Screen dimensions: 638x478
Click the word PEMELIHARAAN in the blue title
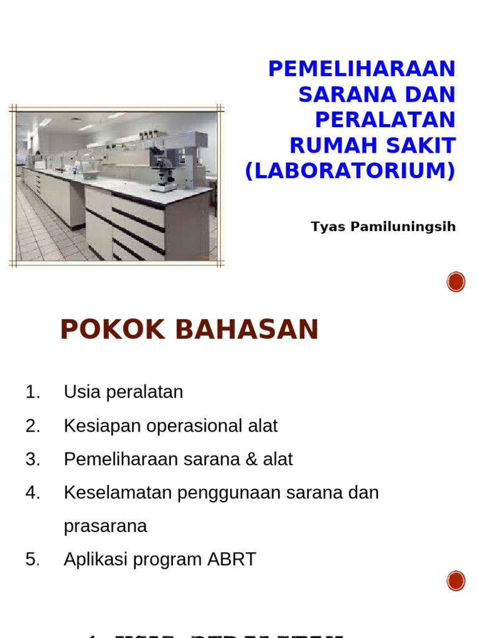pos(362,69)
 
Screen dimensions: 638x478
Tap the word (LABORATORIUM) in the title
pos(350,171)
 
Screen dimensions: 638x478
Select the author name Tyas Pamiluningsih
pos(383,227)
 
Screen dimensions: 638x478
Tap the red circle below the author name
pos(456,282)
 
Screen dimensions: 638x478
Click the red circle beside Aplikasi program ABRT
pos(456,581)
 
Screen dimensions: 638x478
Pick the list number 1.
pos(32,393)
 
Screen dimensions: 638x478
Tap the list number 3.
pos(32,460)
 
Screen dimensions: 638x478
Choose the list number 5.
pos(32,559)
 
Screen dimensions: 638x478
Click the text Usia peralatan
pos(123,393)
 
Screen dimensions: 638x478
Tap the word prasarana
pos(105,526)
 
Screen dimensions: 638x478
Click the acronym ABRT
pos(233,559)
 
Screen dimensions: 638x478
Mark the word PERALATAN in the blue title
pos(385,120)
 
